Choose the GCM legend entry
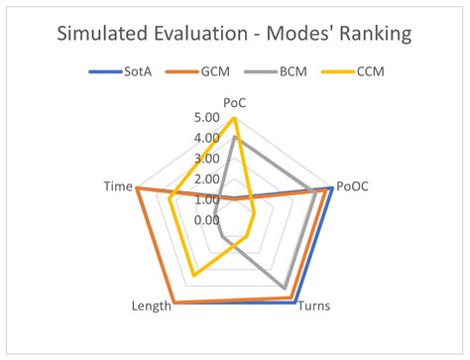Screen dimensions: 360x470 tap(210, 73)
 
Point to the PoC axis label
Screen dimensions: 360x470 tap(234, 102)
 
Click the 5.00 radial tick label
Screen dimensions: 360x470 tap(207, 118)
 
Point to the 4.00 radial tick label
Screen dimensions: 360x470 tap(207, 138)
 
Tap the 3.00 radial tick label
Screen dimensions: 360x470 tap(207, 159)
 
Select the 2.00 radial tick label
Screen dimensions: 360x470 tap(207, 179)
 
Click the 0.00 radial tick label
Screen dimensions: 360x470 tap(207, 219)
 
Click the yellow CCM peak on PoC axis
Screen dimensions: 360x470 tap(234, 118)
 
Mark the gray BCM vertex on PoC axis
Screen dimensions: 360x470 tap(234, 138)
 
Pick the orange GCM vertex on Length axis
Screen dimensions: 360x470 tap(175, 301)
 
